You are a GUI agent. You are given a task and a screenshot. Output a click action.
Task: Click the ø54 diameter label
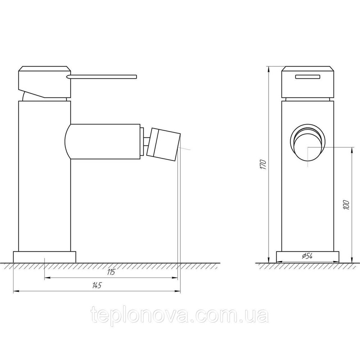[306, 256]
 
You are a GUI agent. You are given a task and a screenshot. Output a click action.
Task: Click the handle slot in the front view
[308, 76]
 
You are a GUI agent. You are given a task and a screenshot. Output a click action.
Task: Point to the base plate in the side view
[45, 257]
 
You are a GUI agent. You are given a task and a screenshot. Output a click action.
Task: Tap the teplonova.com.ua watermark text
[180, 316]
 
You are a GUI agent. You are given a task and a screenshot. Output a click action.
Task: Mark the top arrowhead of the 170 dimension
[269, 68]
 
